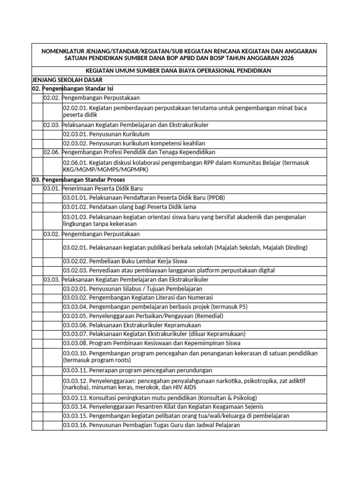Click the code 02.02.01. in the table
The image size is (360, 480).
[x=75, y=108]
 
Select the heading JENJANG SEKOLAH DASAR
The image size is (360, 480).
[x=63, y=79]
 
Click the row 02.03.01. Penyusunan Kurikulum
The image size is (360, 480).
[x=106, y=134]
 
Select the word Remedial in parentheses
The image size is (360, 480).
[x=208, y=316]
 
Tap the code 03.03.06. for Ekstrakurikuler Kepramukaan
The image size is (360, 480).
[x=75, y=325]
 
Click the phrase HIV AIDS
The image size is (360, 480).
[x=186, y=388]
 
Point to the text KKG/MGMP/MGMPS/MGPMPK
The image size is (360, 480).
[x=105, y=170]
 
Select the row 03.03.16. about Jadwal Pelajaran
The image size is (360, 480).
[x=151, y=425]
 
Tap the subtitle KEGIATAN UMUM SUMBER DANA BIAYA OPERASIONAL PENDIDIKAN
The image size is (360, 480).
[x=179, y=70]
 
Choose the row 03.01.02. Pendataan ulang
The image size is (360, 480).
[x=129, y=207]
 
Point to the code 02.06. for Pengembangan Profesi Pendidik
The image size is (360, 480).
[x=51, y=152]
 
